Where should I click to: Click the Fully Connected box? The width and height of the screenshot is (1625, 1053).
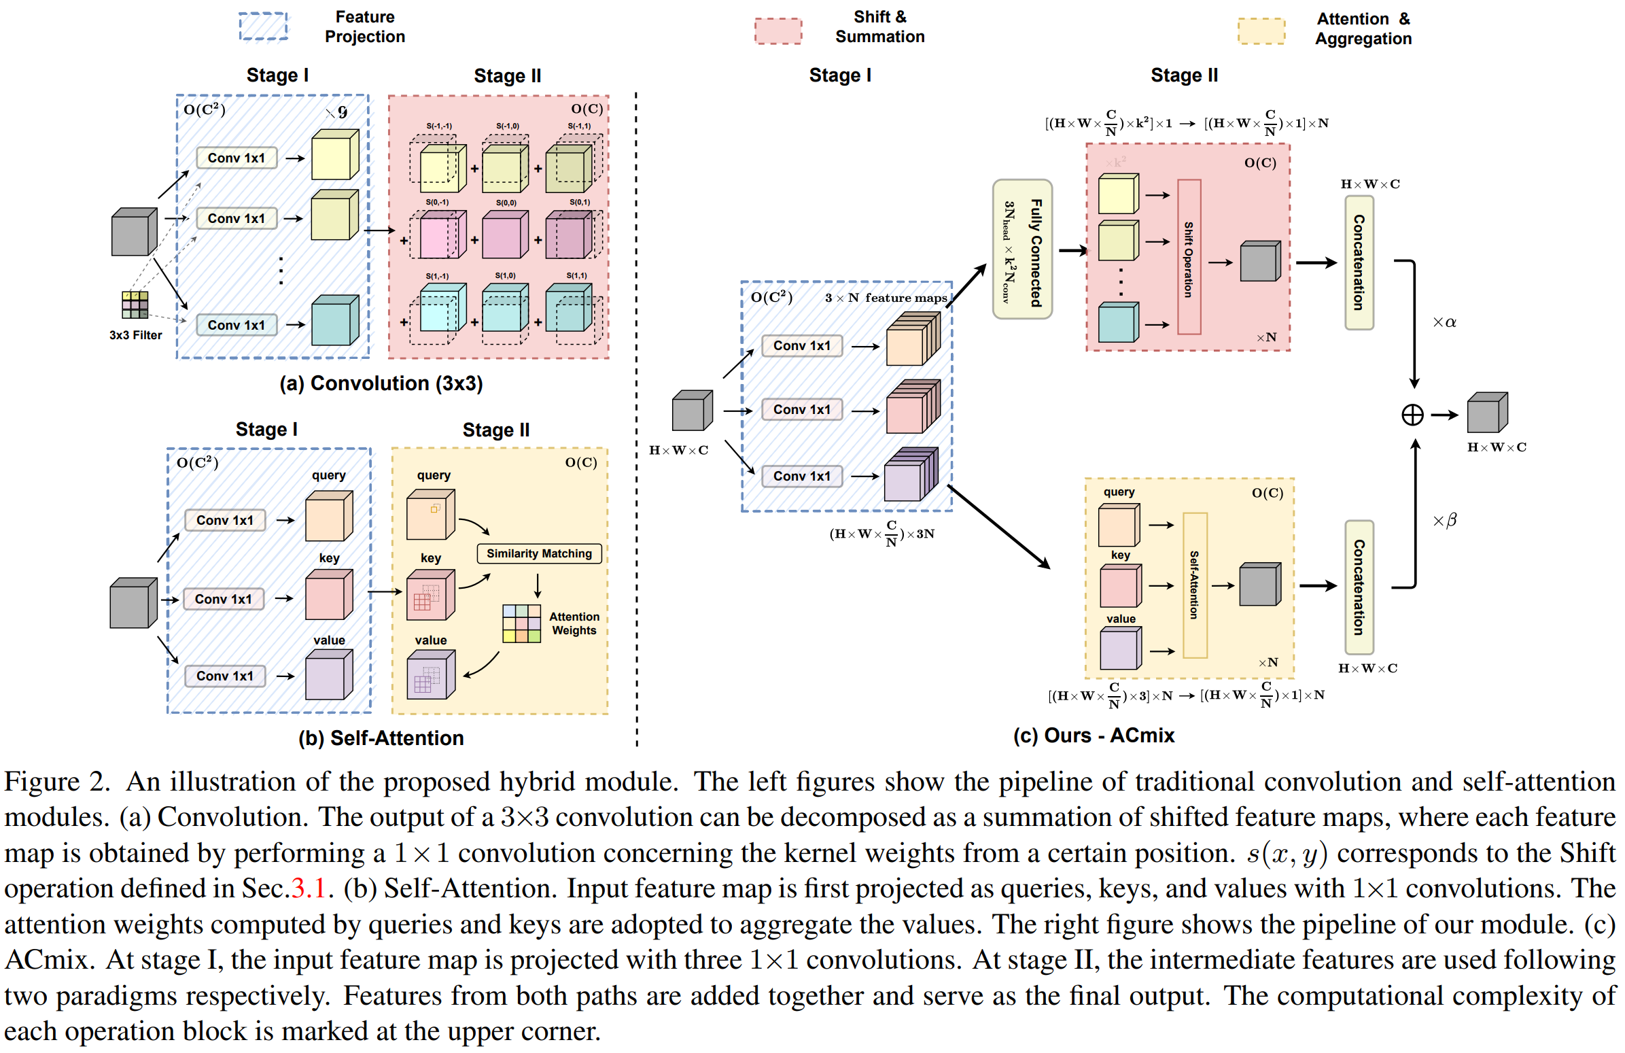point(1021,249)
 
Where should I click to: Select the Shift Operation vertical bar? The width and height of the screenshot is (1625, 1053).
point(1189,258)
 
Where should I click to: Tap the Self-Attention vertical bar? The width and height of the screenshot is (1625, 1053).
point(1194,585)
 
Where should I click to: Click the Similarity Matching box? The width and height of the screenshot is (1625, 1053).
point(539,553)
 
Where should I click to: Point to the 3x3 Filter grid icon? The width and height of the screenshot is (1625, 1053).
point(135,305)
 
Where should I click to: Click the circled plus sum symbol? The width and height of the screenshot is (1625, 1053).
point(1412,415)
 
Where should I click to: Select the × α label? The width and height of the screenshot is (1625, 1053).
point(1444,322)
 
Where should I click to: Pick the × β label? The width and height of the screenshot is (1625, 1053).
point(1444,520)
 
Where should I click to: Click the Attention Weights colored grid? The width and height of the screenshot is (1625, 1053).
point(521,623)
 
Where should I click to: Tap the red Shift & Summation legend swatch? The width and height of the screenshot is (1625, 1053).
point(777,31)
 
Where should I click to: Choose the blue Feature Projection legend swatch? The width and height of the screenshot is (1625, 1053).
point(263,27)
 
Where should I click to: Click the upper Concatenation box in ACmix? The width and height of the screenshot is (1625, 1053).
point(1359,263)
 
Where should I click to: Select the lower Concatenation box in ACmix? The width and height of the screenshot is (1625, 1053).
point(1359,587)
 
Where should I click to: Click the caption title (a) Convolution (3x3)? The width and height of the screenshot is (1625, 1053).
point(381,384)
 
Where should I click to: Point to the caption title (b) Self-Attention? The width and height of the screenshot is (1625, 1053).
point(381,738)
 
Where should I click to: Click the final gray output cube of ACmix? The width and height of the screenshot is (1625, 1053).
point(1486,413)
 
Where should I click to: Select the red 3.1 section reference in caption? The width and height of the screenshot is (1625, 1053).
point(308,888)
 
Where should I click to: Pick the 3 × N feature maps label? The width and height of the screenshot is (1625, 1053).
point(886,298)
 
